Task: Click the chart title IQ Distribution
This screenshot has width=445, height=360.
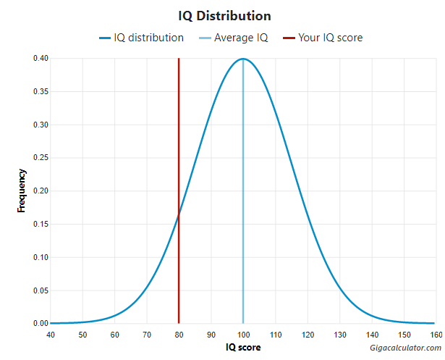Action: [x=224, y=15]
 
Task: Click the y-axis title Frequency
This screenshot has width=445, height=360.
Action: [x=22, y=191]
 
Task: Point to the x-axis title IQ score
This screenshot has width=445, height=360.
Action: [x=243, y=348]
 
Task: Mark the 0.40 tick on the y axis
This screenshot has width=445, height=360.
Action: [x=40, y=59]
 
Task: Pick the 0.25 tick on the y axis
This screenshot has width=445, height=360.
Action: [x=40, y=158]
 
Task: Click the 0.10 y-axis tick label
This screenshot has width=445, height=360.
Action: [x=40, y=257]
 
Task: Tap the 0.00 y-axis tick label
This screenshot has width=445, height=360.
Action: [x=40, y=324]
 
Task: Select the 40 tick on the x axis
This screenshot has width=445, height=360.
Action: [x=51, y=335]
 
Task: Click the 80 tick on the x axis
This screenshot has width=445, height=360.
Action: [x=179, y=335]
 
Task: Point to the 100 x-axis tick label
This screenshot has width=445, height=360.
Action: [x=243, y=335]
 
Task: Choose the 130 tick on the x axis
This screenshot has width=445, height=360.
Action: [x=339, y=335]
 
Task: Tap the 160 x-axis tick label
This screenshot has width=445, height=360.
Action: [x=436, y=335]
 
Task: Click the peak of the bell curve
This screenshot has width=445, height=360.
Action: [x=243, y=59]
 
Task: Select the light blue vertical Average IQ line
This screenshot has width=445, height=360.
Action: [x=243, y=217]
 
